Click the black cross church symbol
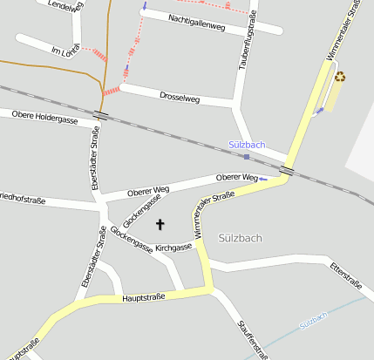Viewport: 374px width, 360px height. (160, 225)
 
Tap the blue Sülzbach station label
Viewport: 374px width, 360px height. (247, 145)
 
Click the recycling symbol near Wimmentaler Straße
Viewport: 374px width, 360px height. (340, 77)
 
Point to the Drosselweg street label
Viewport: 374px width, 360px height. (180, 98)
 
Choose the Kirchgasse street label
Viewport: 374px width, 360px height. (173, 248)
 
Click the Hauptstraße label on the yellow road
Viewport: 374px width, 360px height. (144, 298)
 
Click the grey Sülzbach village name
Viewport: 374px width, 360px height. (241, 237)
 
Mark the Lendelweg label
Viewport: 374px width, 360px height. (67, 6)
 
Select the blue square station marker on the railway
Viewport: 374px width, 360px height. (247, 157)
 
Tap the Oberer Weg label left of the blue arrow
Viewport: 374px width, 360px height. (236, 178)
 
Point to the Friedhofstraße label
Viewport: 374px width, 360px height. (22, 200)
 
